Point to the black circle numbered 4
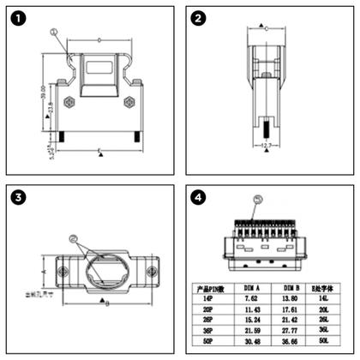pos(199,198)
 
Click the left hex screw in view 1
pos(69,102)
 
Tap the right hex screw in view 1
pos(129,102)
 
